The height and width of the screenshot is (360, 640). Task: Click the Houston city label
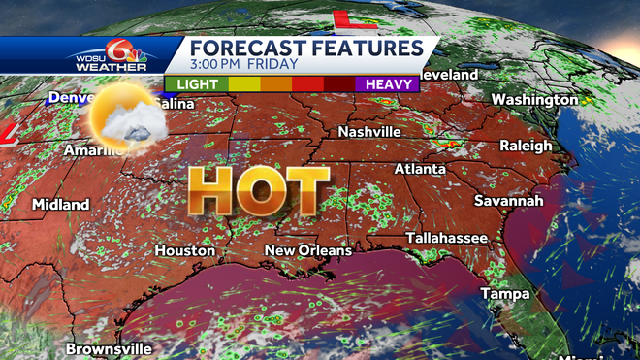click(184, 250)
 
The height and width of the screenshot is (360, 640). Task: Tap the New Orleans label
click(308, 250)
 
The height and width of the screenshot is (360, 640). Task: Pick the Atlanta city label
click(419, 169)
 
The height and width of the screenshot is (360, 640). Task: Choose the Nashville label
click(369, 131)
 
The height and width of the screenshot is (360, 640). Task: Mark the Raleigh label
click(526, 146)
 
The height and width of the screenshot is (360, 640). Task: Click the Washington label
click(534, 100)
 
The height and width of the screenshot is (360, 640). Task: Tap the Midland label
click(60, 205)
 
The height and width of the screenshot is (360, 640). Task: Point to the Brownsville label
click(110, 347)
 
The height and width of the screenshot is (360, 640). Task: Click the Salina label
click(173, 103)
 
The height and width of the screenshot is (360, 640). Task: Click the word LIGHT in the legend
click(196, 84)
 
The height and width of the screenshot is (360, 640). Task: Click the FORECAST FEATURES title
click(305, 48)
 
